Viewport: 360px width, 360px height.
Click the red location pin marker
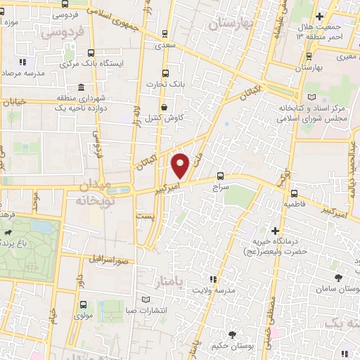(x=181, y=165)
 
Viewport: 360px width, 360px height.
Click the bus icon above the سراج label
(x=221, y=176)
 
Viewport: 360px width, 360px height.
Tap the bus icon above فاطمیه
(x=294, y=192)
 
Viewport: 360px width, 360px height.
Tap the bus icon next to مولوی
(x=84, y=305)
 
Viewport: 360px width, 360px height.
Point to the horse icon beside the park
(x=6, y=233)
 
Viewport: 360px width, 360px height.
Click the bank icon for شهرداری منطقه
(x=82, y=87)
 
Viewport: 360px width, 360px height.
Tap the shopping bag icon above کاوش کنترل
(x=165, y=107)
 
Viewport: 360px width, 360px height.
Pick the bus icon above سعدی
(x=165, y=32)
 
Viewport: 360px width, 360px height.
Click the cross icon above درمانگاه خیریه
(x=275, y=231)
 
